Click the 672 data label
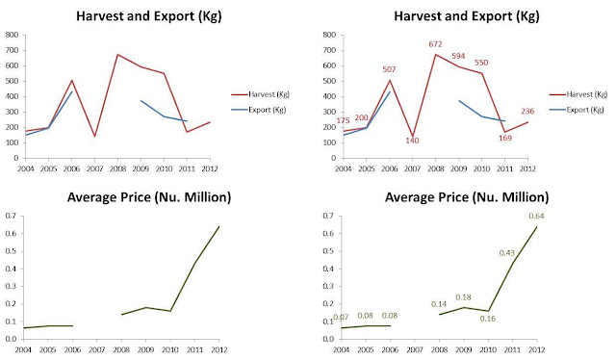click(x=435, y=44)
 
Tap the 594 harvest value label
click(x=458, y=56)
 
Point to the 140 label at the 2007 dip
click(x=412, y=141)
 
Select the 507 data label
click(x=389, y=69)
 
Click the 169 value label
click(x=505, y=138)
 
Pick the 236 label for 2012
click(x=527, y=112)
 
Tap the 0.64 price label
click(x=536, y=217)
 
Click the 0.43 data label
click(x=507, y=253)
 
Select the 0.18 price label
click(x=463, y=297)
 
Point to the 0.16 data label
click(x=488, y=319)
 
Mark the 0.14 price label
click(x=439, y=304)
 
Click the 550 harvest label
click(x=481, y=63)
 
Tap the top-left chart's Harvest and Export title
click(x=149, y=16)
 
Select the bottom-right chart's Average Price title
click(x=467, y=197)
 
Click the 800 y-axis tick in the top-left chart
click(x=12, y=35)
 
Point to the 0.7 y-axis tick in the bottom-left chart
click(x=11, y=216)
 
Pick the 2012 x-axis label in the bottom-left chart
click(x=218, y=349)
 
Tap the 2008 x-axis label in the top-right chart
click(x=435, y=168)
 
